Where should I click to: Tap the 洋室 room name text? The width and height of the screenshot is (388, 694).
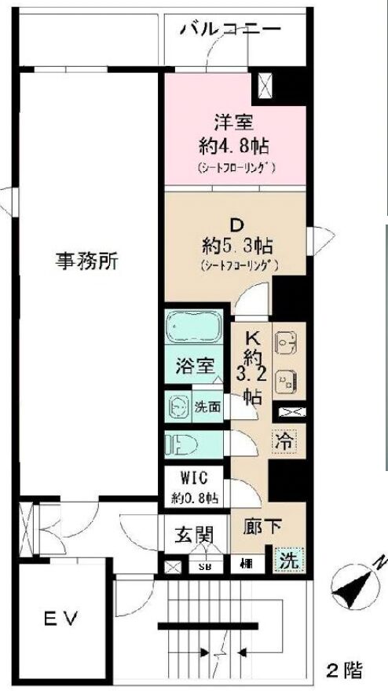[x=234, y=122]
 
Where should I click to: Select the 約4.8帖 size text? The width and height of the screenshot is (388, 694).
[x=234, y=145]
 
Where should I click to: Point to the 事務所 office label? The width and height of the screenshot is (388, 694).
[x=87, y=261]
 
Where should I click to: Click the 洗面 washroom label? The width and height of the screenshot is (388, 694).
[x=209, y=407]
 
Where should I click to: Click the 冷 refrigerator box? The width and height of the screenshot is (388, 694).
[x=284, y=442]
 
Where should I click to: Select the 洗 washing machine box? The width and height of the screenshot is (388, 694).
[x=290, y=561]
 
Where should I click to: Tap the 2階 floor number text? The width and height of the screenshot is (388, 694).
[x=345, y=670]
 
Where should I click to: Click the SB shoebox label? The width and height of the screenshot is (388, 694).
[x=205, y=566]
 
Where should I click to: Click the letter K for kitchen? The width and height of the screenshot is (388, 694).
[x=253, y=338]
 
